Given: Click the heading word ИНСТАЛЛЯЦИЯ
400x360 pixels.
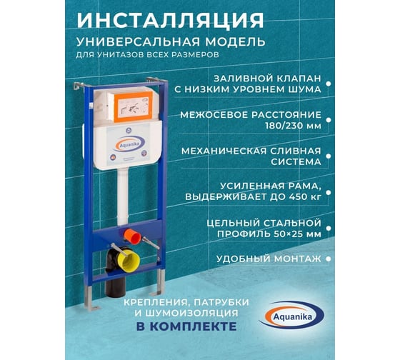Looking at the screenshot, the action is click(x=170, y=20).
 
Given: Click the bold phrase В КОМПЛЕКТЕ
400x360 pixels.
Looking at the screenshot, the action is click(x=186, y=326).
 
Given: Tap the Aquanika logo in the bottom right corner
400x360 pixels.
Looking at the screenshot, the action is click(x=292, y=316).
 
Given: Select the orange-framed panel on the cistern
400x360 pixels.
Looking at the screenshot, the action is click(x=133, y=106).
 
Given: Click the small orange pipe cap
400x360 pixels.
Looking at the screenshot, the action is click(x=132, y=236).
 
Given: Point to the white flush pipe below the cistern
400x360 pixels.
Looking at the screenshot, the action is click(x=123, y=196).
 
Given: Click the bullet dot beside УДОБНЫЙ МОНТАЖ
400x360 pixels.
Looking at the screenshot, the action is click(x=329, y=259).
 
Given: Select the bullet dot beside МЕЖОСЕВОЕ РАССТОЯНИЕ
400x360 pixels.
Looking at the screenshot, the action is click(x=329, y=120).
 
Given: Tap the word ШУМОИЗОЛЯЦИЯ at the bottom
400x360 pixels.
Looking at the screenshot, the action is click(x=192, y=313).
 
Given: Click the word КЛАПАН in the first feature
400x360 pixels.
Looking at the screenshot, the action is click(x=299, y=79).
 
